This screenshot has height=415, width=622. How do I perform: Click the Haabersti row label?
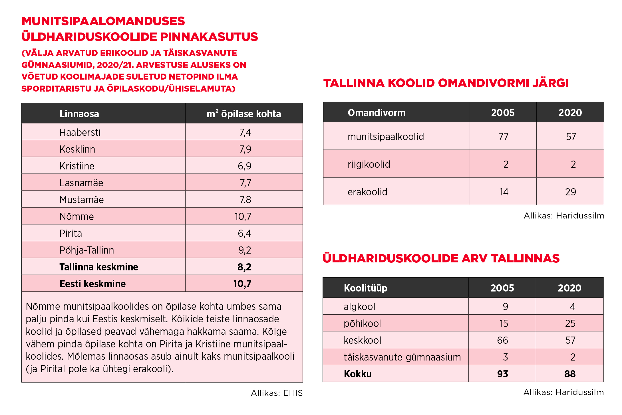click(80, 132)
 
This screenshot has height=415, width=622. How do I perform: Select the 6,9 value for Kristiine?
click(244, 166)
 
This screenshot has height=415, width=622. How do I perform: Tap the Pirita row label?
click(71, 233)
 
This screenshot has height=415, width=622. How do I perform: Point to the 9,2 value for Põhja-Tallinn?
click(245, 250)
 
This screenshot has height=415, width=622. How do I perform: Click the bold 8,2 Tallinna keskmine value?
click(244, 267)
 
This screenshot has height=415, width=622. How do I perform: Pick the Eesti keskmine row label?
click(92, 284)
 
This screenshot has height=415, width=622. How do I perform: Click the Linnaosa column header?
click(79, 114)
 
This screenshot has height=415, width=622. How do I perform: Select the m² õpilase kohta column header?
click(244, 114)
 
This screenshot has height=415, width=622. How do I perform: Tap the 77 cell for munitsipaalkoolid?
click(503, 137)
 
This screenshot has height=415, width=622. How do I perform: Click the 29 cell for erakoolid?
click(570, 192)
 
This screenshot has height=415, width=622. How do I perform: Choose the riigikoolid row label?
click(369, 164)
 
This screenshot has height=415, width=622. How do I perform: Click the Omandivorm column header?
click(377, 113)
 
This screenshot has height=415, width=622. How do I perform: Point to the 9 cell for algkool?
click(505, 307)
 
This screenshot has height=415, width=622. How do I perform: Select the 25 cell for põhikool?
click(570, 323)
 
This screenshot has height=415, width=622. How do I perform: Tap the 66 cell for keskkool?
click(502, 340)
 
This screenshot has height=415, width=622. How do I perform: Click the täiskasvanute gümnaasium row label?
click(402, 357)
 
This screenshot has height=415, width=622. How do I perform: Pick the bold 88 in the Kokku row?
click(570, 374)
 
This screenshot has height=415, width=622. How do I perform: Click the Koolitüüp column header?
click(365, 288)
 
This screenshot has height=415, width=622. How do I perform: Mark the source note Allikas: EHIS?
click(277, 393)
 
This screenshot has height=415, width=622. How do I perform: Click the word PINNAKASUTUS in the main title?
click(209, 37)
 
